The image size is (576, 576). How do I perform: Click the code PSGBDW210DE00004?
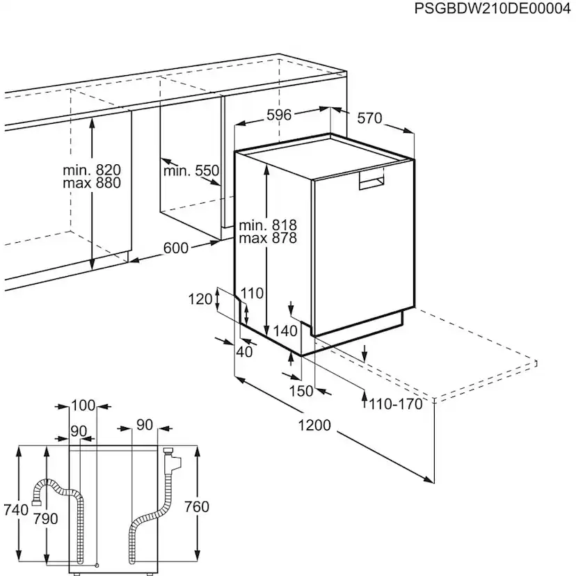[x=493, y=8]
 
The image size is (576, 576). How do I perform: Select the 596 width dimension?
[x=279, y=115]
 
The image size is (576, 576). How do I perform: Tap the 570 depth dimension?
[x=369, y=118]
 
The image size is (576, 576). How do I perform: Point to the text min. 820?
[x=92, y=170]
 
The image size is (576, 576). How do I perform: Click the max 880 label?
[x=92, y=183]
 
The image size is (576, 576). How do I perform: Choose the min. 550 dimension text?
[x=191, y=171]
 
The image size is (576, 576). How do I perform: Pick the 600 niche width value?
[x=175, y=248]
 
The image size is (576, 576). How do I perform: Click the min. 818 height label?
[x=268, y=225]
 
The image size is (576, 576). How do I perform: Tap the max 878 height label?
[x=268, y=238]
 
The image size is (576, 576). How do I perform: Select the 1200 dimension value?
[x=314, y=425]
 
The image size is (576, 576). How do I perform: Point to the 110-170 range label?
[x=396, y=404]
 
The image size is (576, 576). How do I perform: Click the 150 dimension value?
[x=301, y=391]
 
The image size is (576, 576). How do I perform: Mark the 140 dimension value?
[x=285, y=331]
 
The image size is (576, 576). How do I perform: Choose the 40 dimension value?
[x=244, y=352]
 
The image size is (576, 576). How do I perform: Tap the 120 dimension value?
[x=200, y=299]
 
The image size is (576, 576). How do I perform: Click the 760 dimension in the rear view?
[x=197, y=507]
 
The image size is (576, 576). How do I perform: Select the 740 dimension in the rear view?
[x=16, y=510]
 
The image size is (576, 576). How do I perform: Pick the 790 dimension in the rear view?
[x=45, y=519]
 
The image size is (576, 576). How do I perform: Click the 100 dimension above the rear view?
[x=83, y=406]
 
